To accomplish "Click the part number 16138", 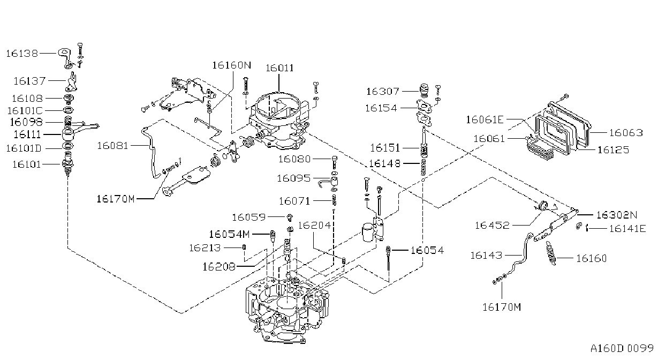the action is (x=22, y=54).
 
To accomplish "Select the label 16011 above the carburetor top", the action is (x=279, y=68).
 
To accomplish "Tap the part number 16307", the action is (x=382, y=92).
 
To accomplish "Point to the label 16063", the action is (x=626, y=133).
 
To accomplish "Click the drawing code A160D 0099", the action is (x=622, y=349).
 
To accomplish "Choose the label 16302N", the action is (x=617, y=215).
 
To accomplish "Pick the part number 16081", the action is (x=113, y=146).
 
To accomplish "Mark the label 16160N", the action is (x=232, y=65).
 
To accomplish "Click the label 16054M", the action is (x=229, y=235).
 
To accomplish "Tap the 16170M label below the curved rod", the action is (x=502, y=307).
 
